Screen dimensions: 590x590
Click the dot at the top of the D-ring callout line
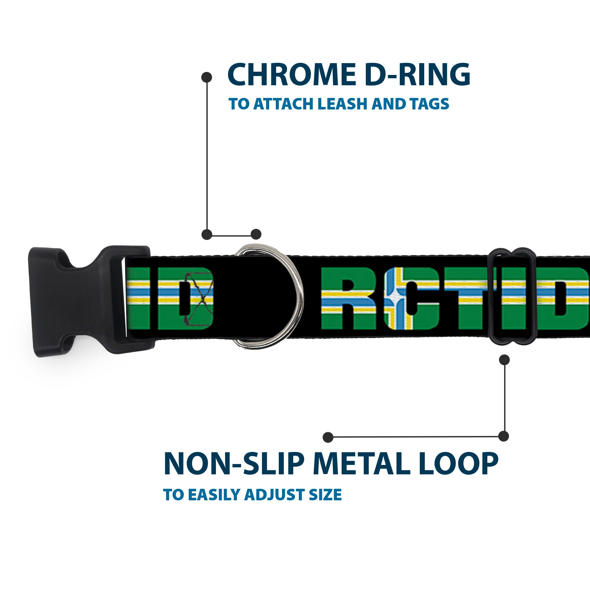(x=207, y=77)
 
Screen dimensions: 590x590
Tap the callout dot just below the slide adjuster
(x=504, y=360)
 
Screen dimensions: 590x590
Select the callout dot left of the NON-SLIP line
(x=328, y=437)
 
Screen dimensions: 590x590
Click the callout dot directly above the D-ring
(x=256, y=234)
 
